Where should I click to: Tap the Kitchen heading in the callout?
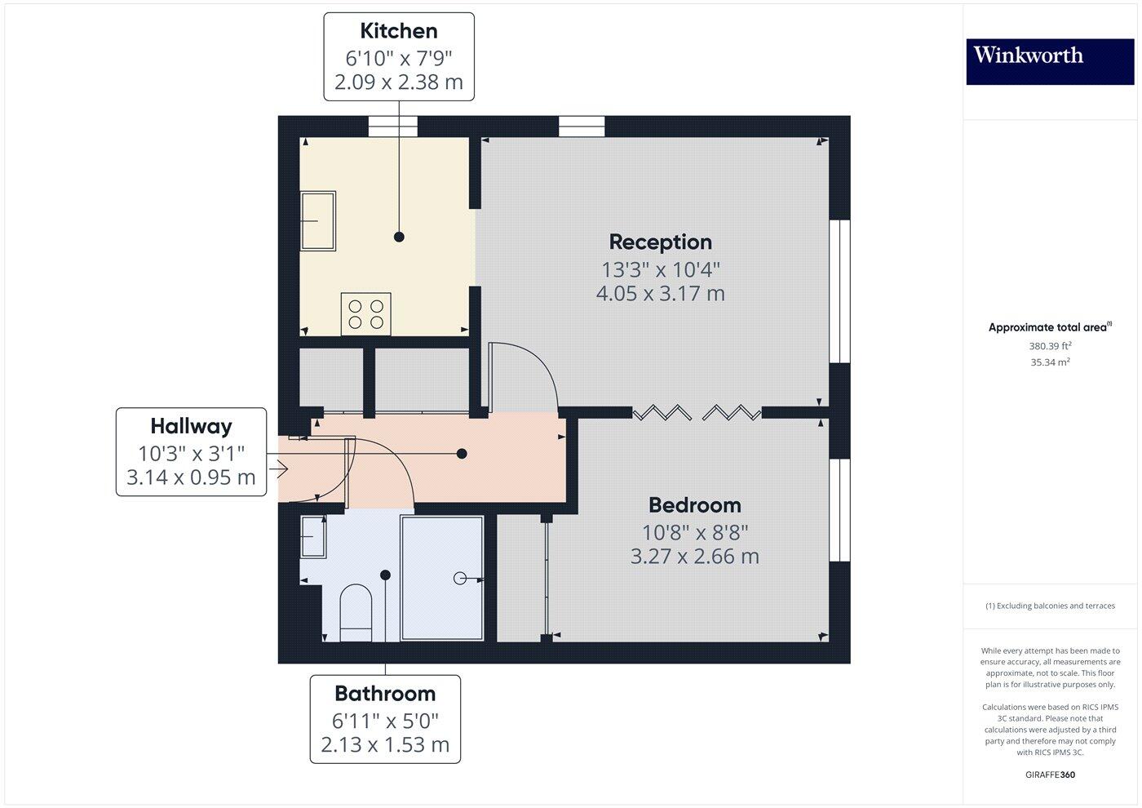399,31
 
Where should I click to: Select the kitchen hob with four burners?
365,313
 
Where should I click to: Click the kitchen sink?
318,220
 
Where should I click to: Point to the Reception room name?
660,242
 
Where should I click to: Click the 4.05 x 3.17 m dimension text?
660,293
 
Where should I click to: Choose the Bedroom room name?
694,504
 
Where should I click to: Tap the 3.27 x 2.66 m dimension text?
694,557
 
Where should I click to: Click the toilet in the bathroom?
356,610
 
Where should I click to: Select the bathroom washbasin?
313,536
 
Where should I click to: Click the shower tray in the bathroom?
442,578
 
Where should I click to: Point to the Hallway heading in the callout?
191,426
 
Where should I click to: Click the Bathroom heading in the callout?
385,694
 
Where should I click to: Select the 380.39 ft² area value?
1049,346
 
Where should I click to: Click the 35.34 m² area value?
1049,362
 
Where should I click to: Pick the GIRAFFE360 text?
1049,775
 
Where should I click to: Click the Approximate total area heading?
1049,327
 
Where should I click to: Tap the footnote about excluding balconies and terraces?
1049,606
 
